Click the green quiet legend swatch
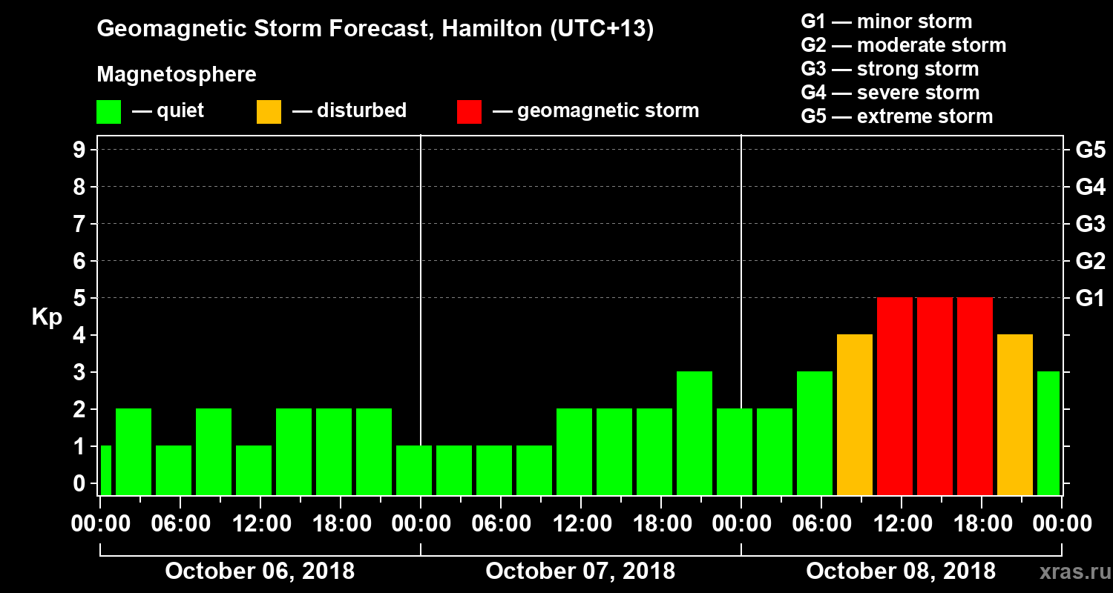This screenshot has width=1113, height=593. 108,111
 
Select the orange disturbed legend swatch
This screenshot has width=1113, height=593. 269,111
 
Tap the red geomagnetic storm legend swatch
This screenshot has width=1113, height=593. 470,111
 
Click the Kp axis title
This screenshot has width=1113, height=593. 47,317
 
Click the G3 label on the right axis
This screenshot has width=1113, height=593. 1090,224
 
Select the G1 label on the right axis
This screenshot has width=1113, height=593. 1090,298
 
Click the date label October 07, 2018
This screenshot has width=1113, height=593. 580,571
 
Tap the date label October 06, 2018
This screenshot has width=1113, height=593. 260,571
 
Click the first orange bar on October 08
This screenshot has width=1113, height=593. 855,414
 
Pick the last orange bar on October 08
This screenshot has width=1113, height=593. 1015,414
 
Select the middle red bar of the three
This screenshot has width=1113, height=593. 935,396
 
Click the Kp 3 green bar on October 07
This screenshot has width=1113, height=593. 695,433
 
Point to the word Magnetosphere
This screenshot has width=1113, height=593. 177,75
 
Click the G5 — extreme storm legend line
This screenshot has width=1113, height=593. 896,116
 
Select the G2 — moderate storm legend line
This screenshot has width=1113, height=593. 903,45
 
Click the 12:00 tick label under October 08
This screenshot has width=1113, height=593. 901,524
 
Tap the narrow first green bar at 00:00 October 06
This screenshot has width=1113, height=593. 105,470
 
